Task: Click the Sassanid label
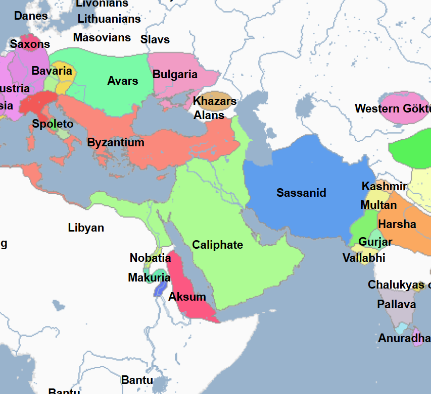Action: (x=301, y=193)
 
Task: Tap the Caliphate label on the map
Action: (x=217, y=245)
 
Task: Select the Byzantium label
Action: (x=116, y=143)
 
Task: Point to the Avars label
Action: (x=122, y=81)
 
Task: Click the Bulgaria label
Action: (x=175, y=75)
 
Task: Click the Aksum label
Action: (x=187, y=297)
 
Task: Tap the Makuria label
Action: (x=149, y=277)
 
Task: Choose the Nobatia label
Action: (x=150, y=258)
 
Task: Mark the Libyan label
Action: (x=86, y=228)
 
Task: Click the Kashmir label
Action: (x=384, y=187)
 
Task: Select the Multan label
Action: (x=378, y=205)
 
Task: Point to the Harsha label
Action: (x=397, y=224)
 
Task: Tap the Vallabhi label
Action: (x=364, y=258)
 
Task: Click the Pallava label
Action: (x=396, y=305)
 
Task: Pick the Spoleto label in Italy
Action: (x=53, y=124)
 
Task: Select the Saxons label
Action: (x=30, y=44)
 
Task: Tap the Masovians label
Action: (x=102, y=37)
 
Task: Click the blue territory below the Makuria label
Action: (x=160, y=289)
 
